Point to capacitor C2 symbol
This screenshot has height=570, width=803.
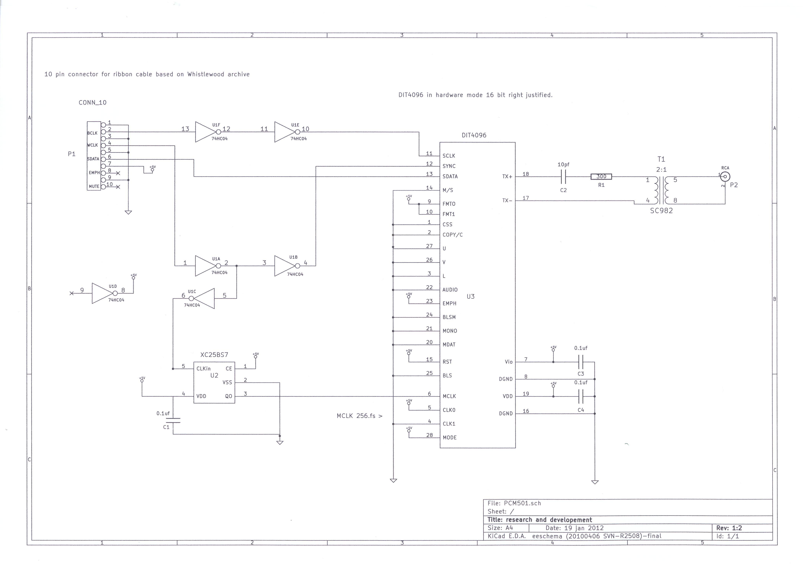[563, 177]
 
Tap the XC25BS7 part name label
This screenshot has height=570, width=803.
[214, 355]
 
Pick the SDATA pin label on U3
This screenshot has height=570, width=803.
[450, 177]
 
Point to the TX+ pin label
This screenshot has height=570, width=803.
[507, 177]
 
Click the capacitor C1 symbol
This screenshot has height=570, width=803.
[173, 420]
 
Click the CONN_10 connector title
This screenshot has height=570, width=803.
[93, 102]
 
